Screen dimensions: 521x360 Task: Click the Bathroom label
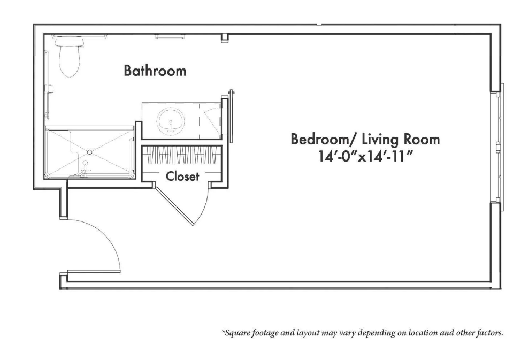155,71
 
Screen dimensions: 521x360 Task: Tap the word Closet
182,176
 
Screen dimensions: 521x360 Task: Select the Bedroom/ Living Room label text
365,139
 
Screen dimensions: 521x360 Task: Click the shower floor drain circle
89,152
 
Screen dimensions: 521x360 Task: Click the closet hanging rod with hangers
182,155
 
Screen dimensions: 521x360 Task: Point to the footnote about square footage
363,333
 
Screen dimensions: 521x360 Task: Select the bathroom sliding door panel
232,116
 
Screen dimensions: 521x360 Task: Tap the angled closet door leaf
173,204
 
